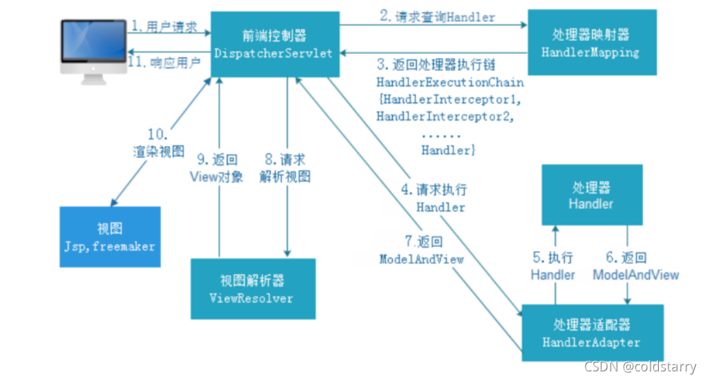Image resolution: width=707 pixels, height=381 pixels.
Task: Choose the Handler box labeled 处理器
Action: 591,195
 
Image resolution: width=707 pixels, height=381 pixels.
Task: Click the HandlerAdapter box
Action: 591,333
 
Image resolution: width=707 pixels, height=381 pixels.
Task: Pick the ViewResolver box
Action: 252,289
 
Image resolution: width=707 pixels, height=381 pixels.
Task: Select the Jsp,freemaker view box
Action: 111,237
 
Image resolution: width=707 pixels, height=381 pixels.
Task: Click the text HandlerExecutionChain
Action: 450,82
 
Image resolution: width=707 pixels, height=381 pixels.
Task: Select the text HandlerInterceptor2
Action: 445,116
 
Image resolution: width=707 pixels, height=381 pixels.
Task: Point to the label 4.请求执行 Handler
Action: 441,197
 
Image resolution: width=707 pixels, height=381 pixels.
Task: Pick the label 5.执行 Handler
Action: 552,266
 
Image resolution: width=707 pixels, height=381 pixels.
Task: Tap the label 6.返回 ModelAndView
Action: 636,266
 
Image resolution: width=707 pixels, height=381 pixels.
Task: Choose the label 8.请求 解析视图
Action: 285,168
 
